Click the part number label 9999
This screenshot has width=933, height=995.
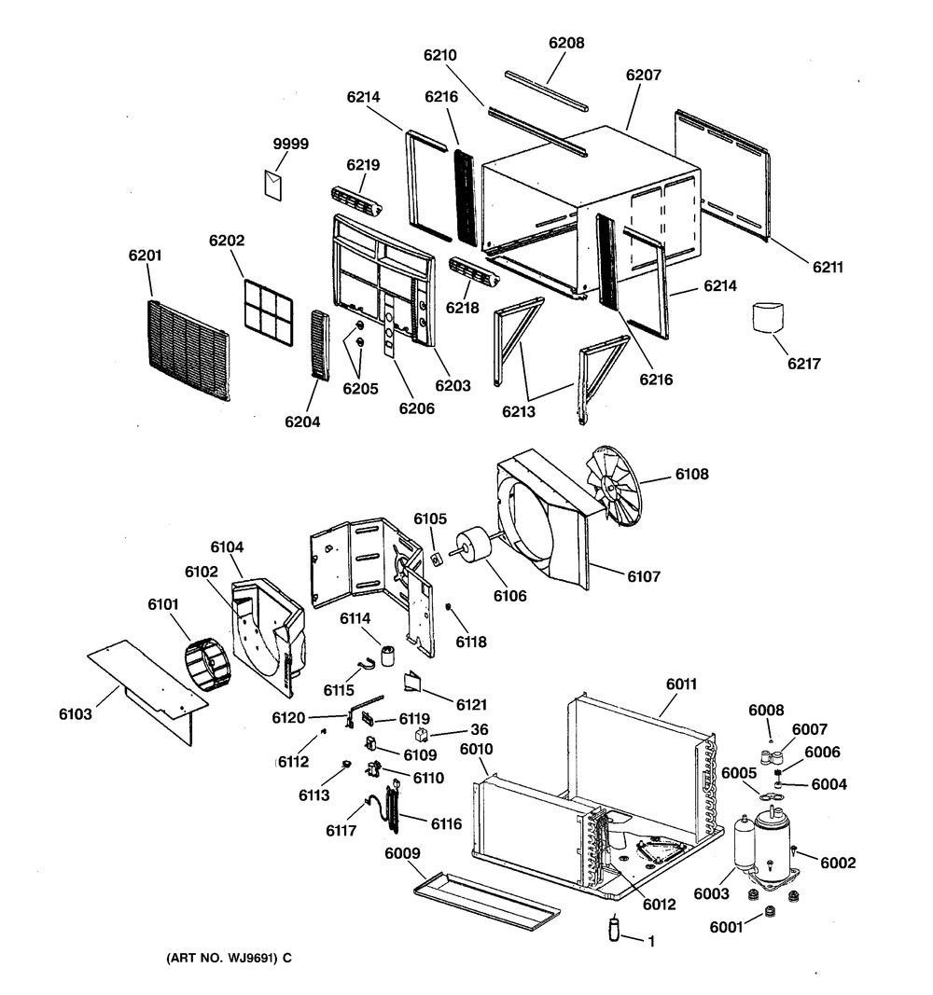[x=290, y=145]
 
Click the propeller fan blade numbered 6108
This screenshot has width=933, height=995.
[x=614, y=483]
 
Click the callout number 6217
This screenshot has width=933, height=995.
[x=802, y=364]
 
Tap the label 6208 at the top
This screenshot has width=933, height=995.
[x=566, y=43]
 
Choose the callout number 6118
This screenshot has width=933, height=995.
[x=471, y=642]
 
